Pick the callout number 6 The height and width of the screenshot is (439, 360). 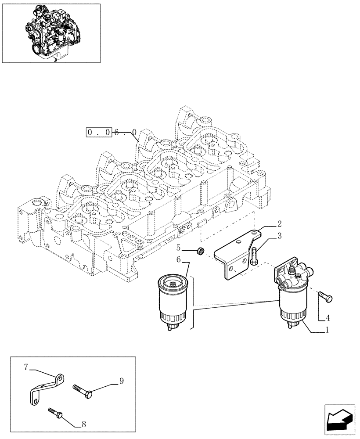pos(179,260)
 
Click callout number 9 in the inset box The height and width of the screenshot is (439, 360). pos(122,381)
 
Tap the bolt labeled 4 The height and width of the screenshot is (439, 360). pos(325,299)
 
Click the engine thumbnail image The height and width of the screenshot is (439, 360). pos(51,33)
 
